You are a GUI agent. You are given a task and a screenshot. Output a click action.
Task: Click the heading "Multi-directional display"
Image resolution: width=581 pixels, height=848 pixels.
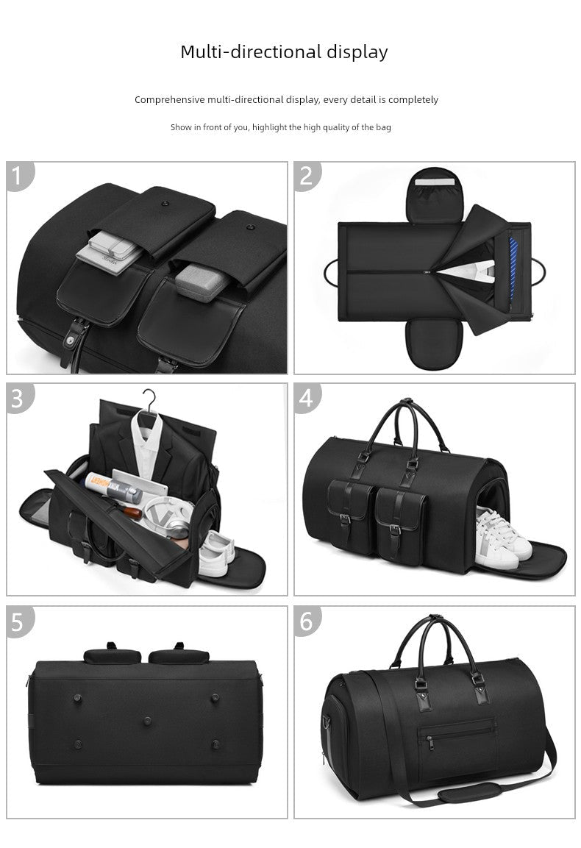tap(284, 52)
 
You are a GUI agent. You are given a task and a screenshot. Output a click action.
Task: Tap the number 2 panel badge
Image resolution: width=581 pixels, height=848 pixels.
tap(307, 176)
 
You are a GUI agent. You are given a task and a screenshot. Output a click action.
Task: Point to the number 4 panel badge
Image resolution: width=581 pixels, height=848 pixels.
tap(307, 397)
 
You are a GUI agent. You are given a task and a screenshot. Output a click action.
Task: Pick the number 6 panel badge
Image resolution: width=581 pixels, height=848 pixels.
tap(307, 621)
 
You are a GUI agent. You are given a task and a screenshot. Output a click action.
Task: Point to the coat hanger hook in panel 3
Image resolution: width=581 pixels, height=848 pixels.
tap(149, 400)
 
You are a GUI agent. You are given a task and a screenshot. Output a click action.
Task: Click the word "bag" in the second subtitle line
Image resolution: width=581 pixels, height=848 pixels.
tap(383, 127)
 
